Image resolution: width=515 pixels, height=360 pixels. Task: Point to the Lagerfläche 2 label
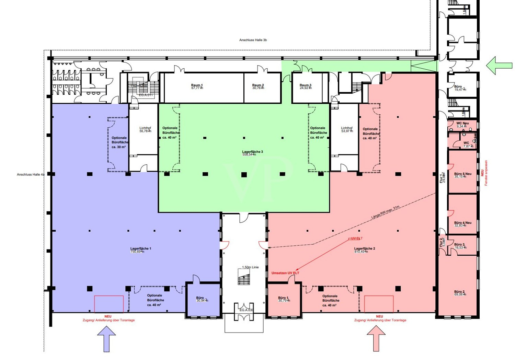point(365,250)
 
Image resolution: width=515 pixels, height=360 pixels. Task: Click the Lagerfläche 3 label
point(252,153)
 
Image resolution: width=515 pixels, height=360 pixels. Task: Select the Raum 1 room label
point(197,86)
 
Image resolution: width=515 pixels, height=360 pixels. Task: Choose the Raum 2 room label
point(258,86)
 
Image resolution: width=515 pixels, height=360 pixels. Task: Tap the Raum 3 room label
point(305,86)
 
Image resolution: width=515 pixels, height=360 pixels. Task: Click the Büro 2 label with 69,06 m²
point(460,293)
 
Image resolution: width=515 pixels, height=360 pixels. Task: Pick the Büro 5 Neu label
point(462,175)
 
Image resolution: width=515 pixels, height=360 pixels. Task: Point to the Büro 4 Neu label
point(462,224)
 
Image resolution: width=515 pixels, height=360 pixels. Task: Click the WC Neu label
point(462,125)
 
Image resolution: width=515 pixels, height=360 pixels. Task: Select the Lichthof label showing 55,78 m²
point(145,129)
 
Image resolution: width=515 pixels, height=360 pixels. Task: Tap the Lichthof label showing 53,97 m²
point(346,129)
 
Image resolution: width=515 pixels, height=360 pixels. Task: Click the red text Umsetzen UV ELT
point(285,273)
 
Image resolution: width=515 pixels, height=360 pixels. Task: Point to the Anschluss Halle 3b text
point(253,40)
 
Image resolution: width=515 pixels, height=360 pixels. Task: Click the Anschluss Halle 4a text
point(31,175)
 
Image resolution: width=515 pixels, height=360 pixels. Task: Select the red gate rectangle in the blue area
point(109,304)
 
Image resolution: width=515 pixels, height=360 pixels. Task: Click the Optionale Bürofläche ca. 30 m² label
point(119,142)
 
